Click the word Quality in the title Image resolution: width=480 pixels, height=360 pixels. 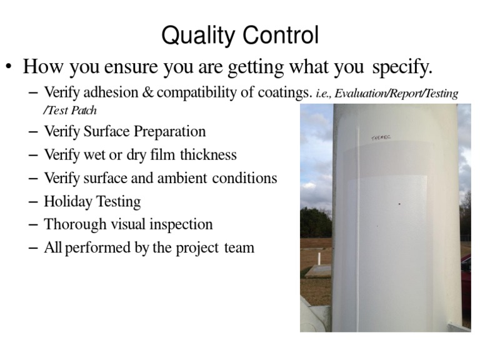point(192,36)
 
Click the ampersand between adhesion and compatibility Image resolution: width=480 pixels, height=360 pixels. point(147,93)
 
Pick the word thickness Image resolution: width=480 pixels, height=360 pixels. point(206,154)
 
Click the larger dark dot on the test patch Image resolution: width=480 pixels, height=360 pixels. point(399,204)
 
